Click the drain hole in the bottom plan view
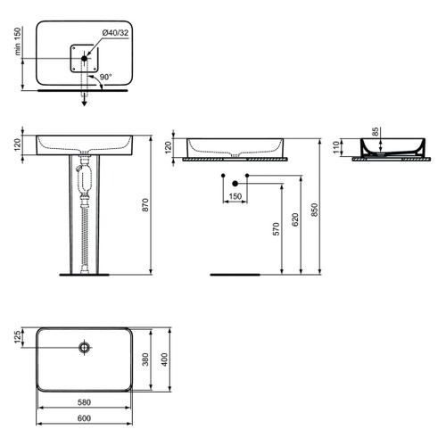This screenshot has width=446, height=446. (x=85, y=344)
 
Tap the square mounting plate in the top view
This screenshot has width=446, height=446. (x=85, y=58)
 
